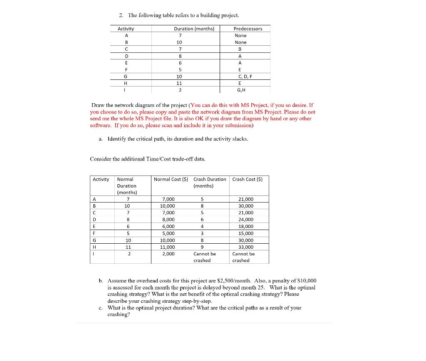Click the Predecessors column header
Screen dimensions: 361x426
pos(248,29)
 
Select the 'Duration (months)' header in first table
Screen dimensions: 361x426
pos(194,29)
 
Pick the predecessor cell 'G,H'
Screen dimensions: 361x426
pos(241,90)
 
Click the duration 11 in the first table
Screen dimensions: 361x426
pos(179,83)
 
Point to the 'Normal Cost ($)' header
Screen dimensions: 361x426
pos(171,179)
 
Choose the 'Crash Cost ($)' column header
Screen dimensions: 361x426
pos(247,179)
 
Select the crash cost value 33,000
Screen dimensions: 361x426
pos(246,247)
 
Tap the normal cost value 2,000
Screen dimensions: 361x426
pos(168,254)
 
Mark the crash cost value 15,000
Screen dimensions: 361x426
pos(246,233)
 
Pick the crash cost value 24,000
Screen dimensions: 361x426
pos(246,220)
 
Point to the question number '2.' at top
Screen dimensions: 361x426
pos(121,15)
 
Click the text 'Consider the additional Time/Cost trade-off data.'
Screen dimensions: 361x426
pos(147,159)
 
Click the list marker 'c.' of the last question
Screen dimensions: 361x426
pos(102,308)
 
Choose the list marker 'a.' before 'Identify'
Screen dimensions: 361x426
pos(101,139)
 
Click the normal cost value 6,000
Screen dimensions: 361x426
pos(168,227)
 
